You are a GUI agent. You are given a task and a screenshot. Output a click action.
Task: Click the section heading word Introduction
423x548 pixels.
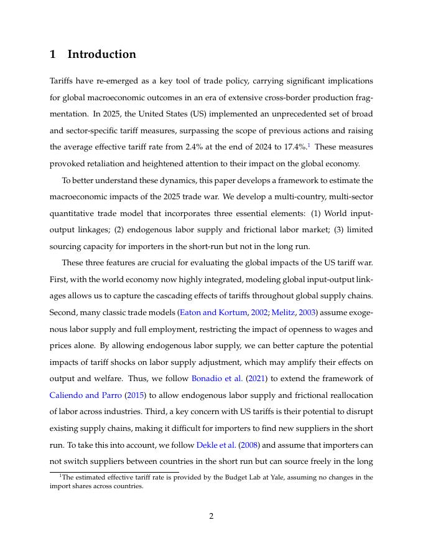[x=101, y=54]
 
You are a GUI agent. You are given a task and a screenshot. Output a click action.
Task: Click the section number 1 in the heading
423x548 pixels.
[x=53, y=54]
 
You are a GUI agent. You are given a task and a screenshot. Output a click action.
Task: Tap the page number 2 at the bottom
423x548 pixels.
[x=211, y=516]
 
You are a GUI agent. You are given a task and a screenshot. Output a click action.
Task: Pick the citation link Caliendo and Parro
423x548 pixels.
[x=85, y=395]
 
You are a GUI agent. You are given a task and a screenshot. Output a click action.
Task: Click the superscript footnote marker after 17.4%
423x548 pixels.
[x=309, y=145]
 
